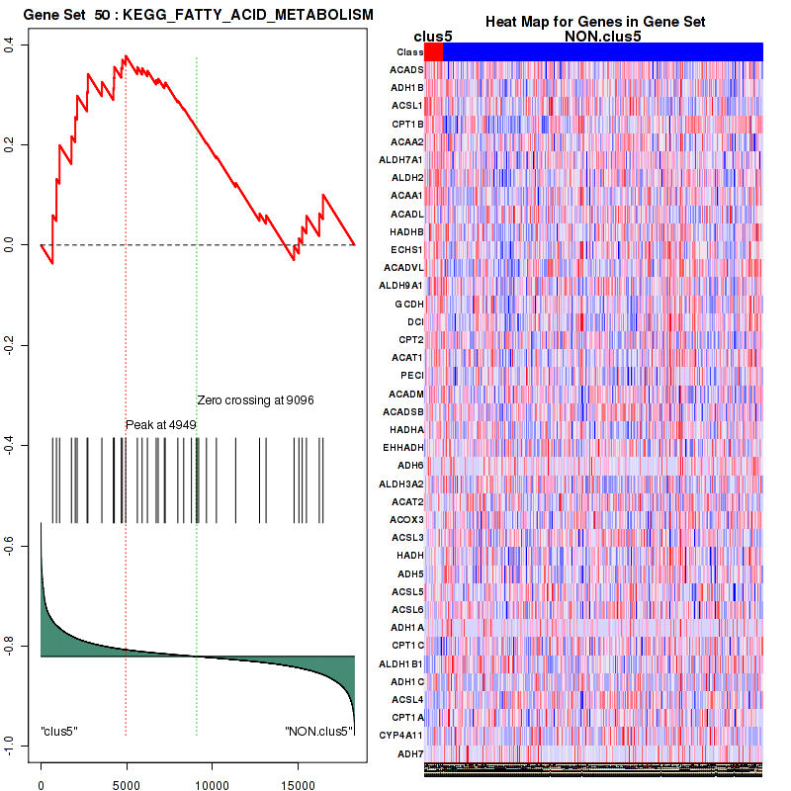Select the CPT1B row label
pos(407,124)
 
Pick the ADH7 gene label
pos(410,753)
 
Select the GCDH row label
pos(408,304)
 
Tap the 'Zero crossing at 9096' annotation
pos(256,400)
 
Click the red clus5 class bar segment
pos(433,51)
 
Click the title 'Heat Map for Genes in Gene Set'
pos(595,22)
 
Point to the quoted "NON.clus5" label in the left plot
pos(317,732)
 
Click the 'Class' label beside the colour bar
pos(409,51)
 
